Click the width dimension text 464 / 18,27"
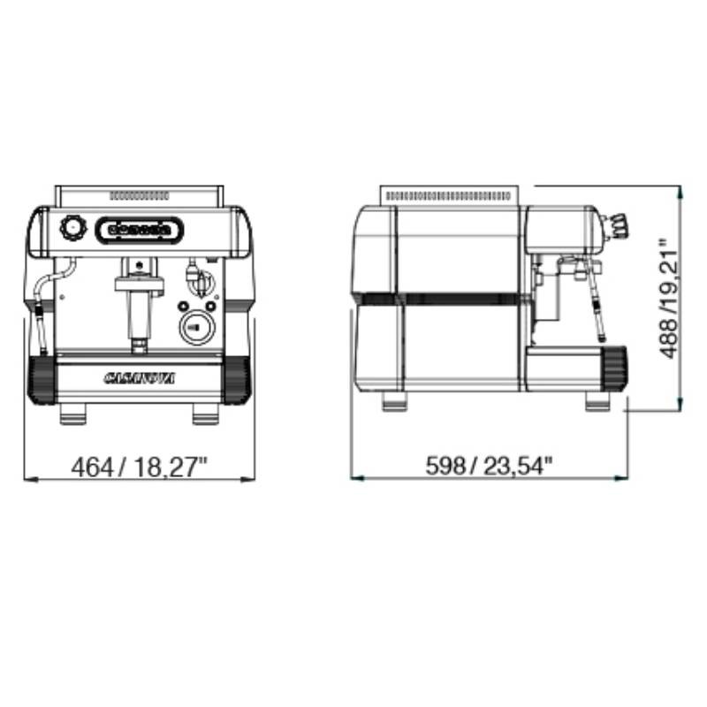tap(139, 467)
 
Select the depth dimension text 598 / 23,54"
tap(490, 466)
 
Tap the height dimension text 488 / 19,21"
tap(668, 298)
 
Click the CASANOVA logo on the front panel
tap(140, 378)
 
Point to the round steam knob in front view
tap(72, 228)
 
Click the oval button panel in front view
tap(140, 230)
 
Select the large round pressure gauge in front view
tap(197, 328)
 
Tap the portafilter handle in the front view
tap(139, 315)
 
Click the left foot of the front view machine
tap(72, 414)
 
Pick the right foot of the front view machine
tap(206, 414)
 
